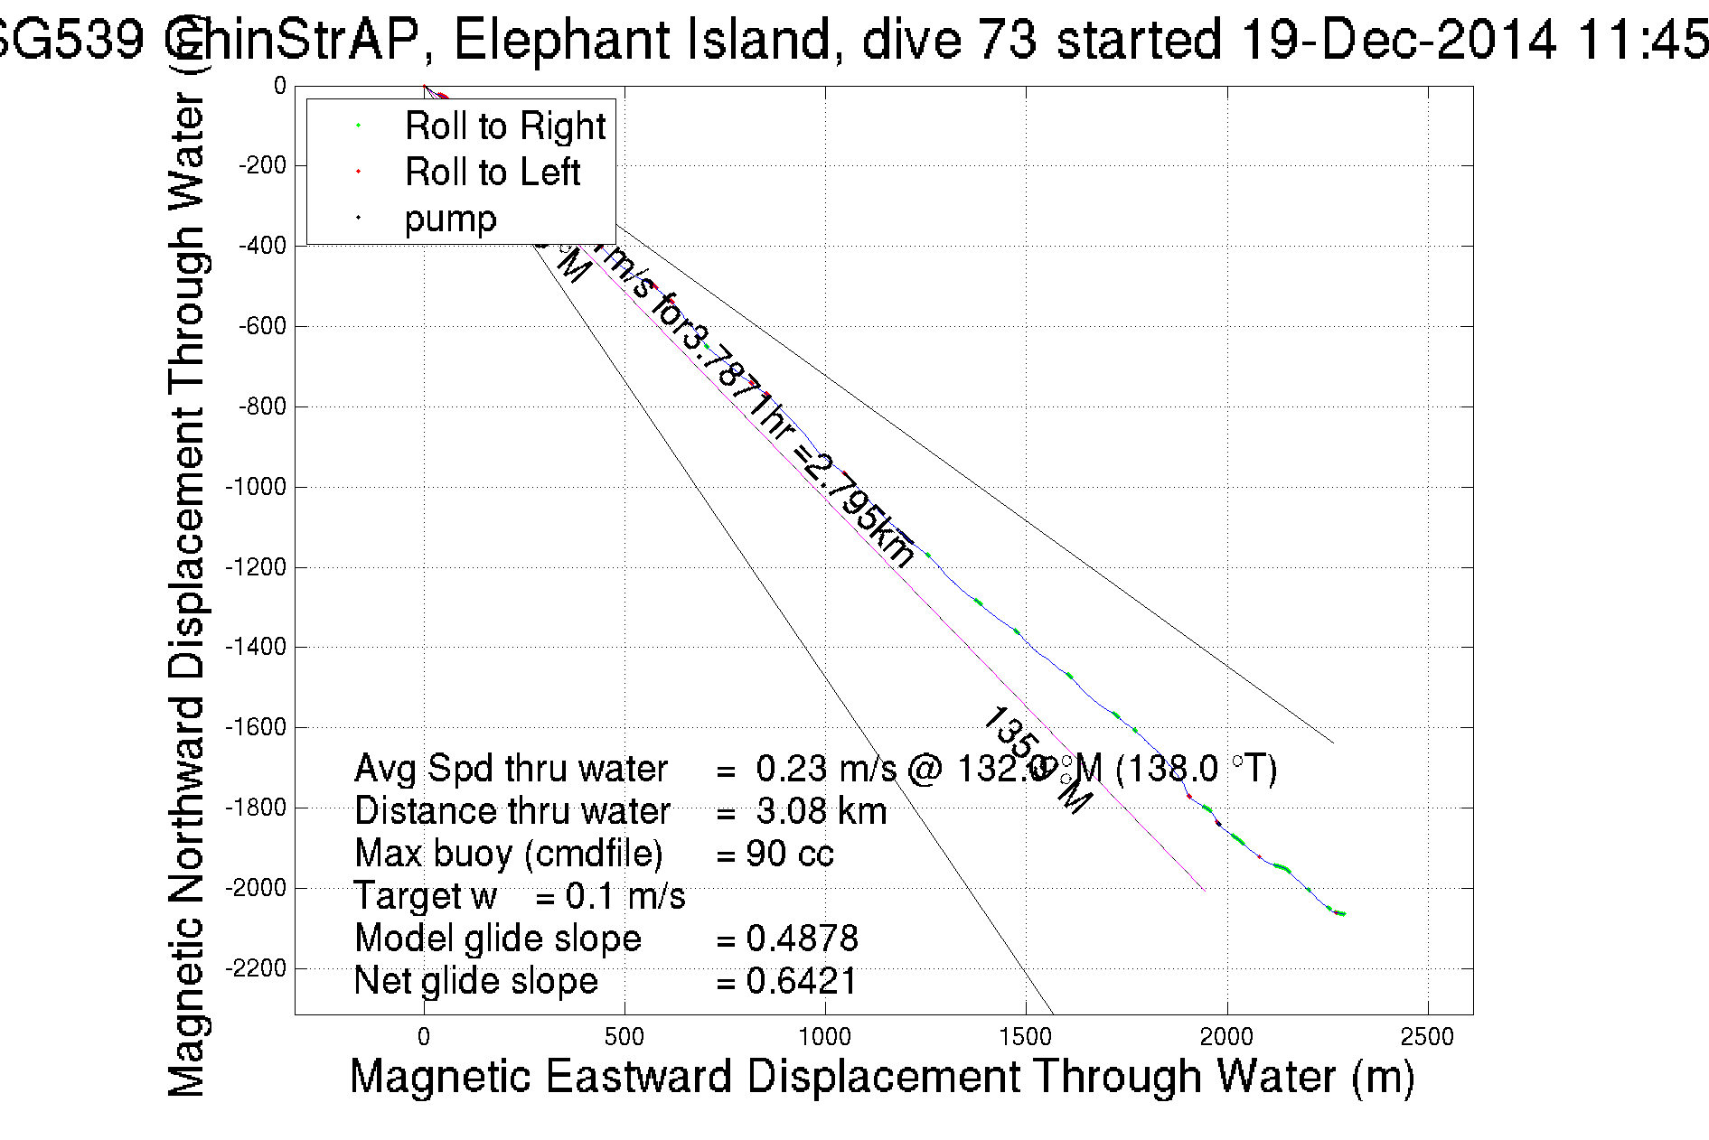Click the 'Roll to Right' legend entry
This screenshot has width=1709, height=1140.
[504, 126]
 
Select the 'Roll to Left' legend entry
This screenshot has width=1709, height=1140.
[492, 173]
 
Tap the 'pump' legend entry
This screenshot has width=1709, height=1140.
[450, 220]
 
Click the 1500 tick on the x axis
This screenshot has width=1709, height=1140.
[1026, 1037]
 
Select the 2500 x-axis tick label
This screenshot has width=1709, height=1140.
[1428, 1037]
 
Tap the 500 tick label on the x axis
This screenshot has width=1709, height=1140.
[624, 1037]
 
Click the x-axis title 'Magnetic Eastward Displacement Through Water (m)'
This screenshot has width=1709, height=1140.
[881, 1077]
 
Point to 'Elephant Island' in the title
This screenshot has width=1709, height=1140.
[642, 40]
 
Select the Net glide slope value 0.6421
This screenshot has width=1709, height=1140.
[801, 981]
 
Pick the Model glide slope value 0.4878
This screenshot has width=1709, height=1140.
[802, 939]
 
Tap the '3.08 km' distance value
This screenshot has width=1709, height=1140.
[821, 811]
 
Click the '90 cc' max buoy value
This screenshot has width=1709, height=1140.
[789, 854]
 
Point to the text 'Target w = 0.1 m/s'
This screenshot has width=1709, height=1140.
[520, 896]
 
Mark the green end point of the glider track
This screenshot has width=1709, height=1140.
[1343, 914]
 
